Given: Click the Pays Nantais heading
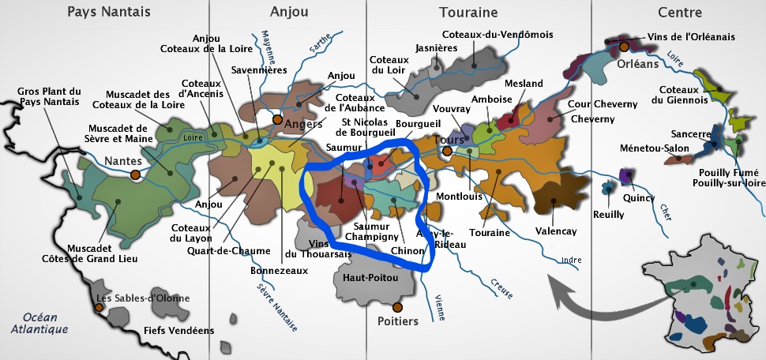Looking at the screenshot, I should (x=109, y=13).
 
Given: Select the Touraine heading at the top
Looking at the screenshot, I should (x=468, y=13).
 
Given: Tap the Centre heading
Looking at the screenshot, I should (x=679, y=13).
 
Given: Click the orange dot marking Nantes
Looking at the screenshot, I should (x=136, y=174).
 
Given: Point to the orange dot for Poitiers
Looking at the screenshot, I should (x=397, y=306).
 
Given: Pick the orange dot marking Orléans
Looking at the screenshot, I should (x=625, y=47).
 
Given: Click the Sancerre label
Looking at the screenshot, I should (x=691, y=134).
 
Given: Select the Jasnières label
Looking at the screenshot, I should (x=437, y=47).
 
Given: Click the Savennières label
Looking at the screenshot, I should (x=257, y=69).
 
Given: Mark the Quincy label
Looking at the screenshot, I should (x=638, y=198).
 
